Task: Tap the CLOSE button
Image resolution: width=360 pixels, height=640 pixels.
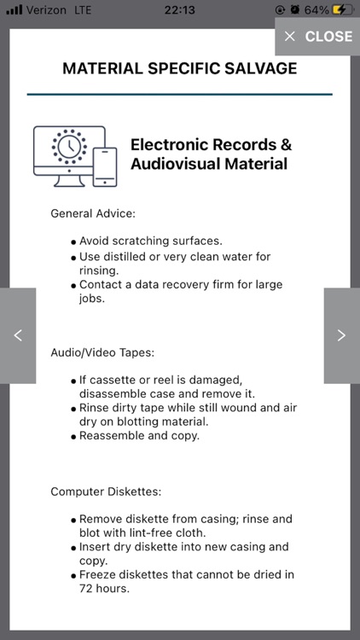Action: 317,36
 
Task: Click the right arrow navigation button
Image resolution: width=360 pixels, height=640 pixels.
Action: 341,335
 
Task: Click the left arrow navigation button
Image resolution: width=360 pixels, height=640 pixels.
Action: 18,335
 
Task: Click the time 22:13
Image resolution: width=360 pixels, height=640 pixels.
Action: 180,9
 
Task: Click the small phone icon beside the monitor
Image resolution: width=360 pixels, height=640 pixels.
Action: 105,166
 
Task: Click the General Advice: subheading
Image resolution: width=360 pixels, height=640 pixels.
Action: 93,213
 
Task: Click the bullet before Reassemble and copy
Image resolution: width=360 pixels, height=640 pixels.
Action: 73,436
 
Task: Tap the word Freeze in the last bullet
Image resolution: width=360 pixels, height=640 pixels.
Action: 99,574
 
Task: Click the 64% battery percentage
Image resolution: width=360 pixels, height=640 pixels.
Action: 316,9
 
